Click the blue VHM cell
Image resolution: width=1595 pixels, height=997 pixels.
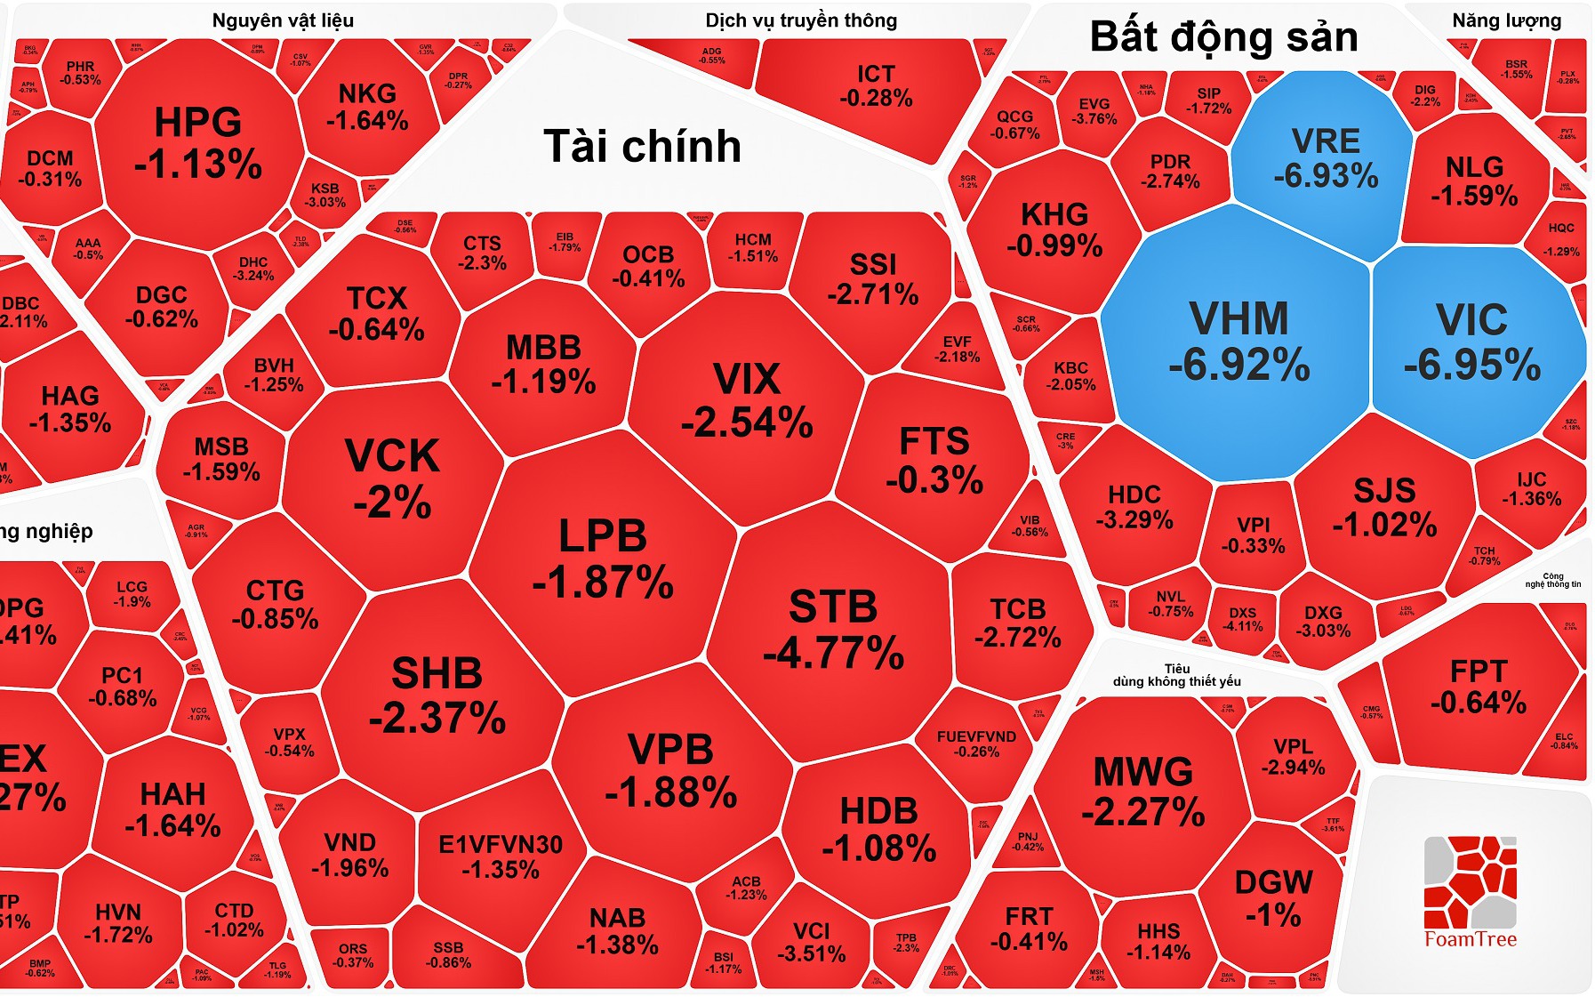click(1238, 342)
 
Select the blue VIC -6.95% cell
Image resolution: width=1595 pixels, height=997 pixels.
click(1472, 342)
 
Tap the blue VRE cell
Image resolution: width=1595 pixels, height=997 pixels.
click(1325, 157)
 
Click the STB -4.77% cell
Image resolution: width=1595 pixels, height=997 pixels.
click(833, 630)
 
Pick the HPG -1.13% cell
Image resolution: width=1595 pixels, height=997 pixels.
click(197, 142)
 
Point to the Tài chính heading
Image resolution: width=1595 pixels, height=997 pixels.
click(642, 146)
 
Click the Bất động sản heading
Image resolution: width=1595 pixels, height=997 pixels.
click(1223, 37)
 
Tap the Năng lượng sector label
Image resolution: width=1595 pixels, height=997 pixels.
click(1506, 20)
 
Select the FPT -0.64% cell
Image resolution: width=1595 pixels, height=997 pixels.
click(1478, 686)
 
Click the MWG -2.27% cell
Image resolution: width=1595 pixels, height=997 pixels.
click(1143, 791)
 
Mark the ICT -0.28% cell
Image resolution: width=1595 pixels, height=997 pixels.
click(876, 85)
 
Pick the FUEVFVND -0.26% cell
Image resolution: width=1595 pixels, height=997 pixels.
click(976, 744)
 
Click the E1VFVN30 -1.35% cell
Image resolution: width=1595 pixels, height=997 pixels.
click(501, 856)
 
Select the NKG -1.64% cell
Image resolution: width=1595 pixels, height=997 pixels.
click(367, 107)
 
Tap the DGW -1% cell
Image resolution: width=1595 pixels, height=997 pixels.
click(1273, 897)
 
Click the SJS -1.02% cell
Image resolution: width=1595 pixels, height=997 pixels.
click(1384, 507)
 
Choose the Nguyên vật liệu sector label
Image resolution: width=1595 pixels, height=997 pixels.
click(283, 20)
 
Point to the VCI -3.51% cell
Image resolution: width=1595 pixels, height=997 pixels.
click(811, 942)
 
